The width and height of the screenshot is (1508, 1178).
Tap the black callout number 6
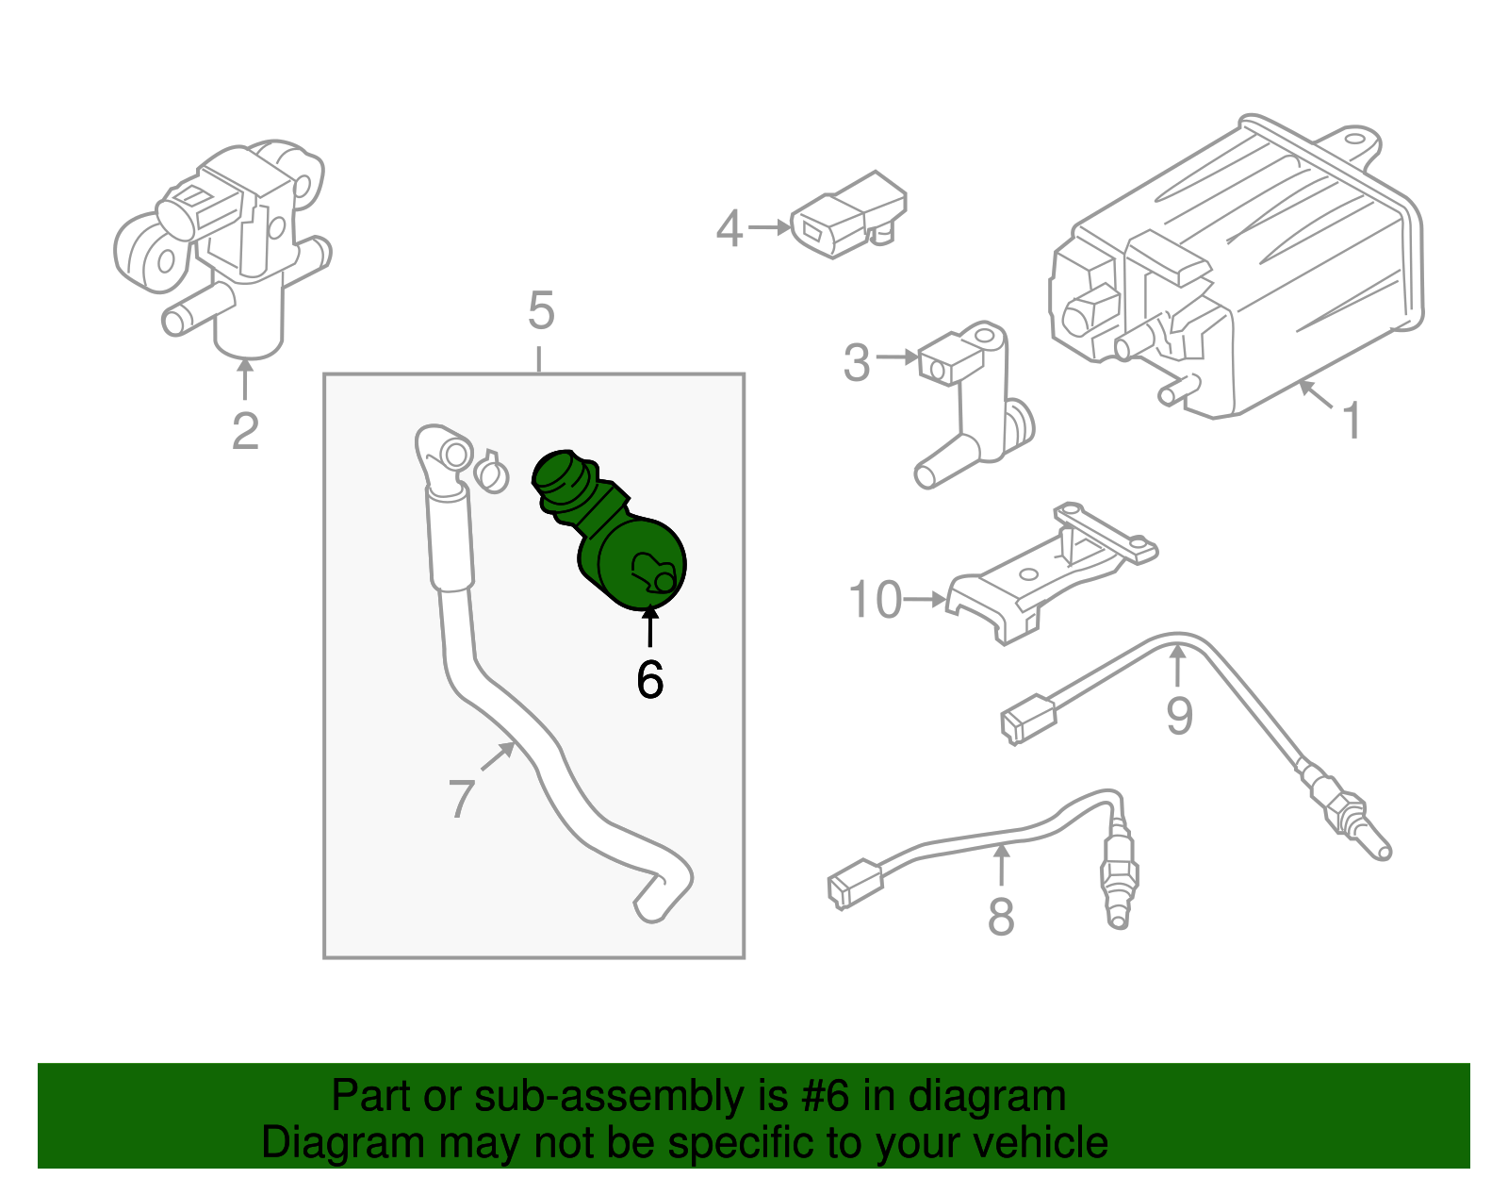(649, 679)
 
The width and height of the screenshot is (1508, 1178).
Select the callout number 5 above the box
(541, 310)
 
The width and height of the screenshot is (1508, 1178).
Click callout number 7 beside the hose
(461, 798)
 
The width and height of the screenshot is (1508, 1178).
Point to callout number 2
(245, 432)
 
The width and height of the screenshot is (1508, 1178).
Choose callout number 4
(729, 229)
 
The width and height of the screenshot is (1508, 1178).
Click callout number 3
(856, 363)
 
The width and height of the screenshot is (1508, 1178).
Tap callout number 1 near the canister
(1352, 421)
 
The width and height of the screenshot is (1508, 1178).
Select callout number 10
(876, 600)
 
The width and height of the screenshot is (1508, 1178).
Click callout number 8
(1001, 916)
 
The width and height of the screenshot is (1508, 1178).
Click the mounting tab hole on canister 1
(1360, 144)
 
